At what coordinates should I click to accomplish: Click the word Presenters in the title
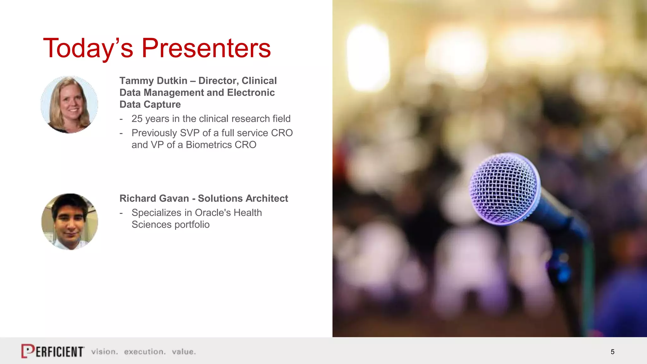206,48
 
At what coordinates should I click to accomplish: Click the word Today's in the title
88,48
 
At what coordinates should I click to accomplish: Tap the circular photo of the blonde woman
70,105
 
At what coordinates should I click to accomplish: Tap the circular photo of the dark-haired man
70,222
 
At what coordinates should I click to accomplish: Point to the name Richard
138,198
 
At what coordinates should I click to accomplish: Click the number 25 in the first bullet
137,119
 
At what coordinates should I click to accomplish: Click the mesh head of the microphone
503,189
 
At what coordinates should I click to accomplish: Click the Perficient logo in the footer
53,351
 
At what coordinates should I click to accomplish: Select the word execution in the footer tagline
144,352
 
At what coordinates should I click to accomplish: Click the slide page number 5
613,352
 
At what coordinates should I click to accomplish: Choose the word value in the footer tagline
184,352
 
